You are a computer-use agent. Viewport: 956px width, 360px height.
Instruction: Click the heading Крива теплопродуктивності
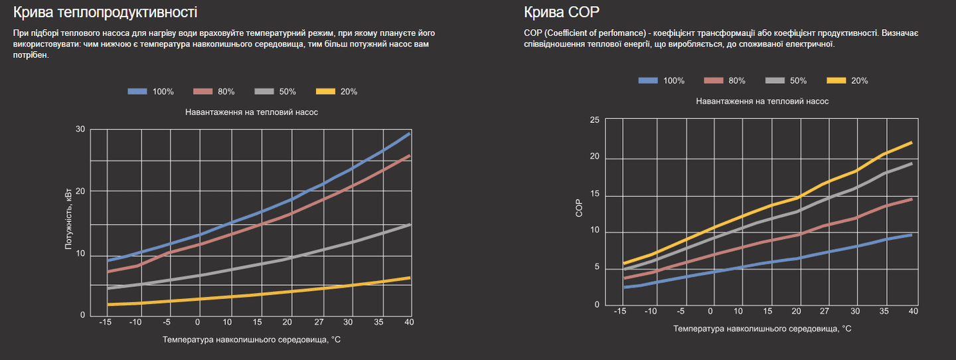[x=105, y=13]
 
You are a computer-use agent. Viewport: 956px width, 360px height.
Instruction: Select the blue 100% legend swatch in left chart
[x=137, y=92]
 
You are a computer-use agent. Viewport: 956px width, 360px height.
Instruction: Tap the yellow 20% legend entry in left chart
[x=337, y=92]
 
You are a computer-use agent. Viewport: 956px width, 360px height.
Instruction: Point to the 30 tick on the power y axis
[x=80, y=129]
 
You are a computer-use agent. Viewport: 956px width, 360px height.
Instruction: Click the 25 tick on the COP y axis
[x=594, y=120]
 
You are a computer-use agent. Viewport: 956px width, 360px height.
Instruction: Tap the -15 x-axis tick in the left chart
[x=105, y=322]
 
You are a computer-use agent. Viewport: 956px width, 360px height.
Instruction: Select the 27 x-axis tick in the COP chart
[x=825, y=311]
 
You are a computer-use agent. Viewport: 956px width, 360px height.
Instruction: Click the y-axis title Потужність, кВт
[x=68, y=222]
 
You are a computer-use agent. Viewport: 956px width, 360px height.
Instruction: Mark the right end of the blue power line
[x=410, y=134]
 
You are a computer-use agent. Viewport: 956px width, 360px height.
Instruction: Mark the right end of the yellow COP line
[x=912, y=143]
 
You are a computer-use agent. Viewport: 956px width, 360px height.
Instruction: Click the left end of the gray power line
[x=108, y=288]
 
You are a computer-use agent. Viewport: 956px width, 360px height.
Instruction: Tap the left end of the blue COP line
[x=624, y=287]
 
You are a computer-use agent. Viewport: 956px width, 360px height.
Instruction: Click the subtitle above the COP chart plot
[x=762, y=101]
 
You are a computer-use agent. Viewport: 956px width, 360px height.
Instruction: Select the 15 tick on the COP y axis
[x=594, y=195]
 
